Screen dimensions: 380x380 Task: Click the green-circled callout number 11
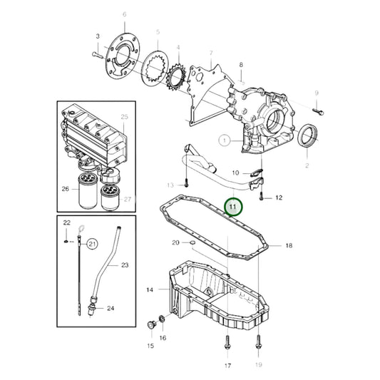pyautogui.click(x=232, y=207)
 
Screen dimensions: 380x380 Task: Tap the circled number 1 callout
pyautogui.click(x=225, y=141)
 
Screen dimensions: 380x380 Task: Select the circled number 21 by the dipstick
pyautogui.click(x=92, y=245)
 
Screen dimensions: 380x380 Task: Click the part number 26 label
pyautogui.click(x=66, y=190)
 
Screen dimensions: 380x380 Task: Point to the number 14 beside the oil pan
pyautogui.click(x=150, y=290)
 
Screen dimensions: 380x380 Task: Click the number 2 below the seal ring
pyautogui.click(x=307, y=165)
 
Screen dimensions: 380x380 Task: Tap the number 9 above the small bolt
pyautogui.click(x=316, y=93)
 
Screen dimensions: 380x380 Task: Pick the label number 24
pyautogui.click(x=111, y=309)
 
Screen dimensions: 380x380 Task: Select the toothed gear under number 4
pyautogui.click(x=173, y=73)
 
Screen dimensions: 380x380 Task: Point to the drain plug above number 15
pyautogui.click(x=150, y=326)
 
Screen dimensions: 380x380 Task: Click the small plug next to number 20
pyautogui.click(x=192, y=243)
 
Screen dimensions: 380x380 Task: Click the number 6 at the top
pyautogui.click(x=124, y=14)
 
